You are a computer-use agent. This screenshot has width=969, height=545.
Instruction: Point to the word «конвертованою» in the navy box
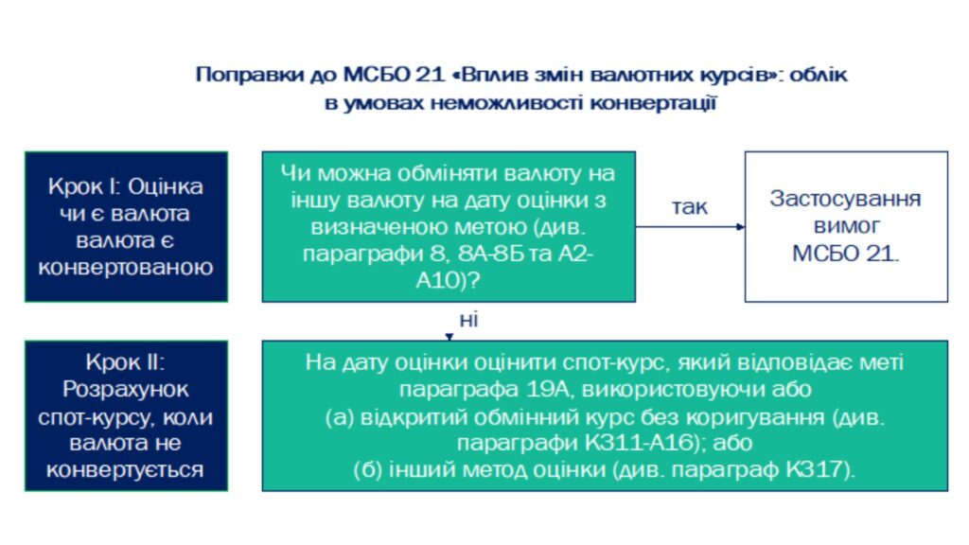point(126,267)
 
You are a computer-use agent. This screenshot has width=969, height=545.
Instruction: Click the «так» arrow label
point(690,207)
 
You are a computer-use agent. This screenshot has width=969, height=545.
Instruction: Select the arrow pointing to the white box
point(690,227)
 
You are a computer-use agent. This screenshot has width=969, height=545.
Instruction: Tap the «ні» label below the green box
point(469,320)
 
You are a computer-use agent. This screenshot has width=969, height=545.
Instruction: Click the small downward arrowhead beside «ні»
point(449,337)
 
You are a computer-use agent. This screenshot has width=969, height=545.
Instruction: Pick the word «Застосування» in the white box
point(845,199)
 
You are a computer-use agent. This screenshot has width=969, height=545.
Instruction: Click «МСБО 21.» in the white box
point(845,254)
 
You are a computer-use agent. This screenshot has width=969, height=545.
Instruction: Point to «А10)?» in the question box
point(448,281)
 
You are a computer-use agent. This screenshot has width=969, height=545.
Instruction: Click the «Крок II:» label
point(126,362)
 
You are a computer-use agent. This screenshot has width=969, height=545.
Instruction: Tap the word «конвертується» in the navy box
point(126,470)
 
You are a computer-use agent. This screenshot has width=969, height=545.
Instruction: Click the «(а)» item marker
point(340,417)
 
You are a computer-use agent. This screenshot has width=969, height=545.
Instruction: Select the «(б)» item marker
point(368,470)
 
